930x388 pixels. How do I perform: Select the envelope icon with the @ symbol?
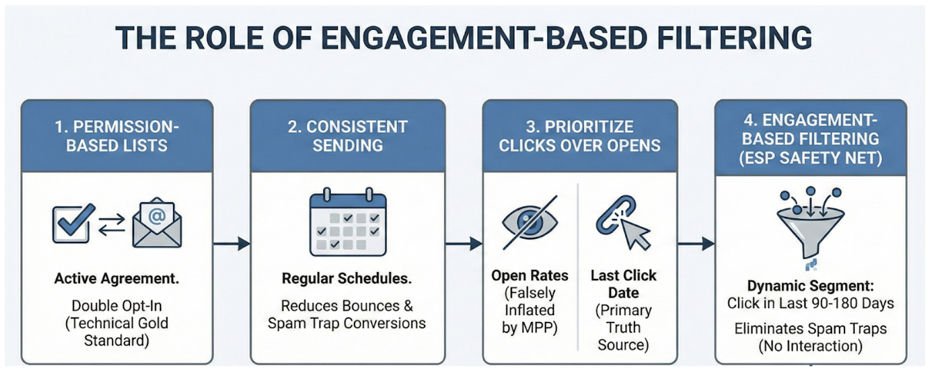pos(157,224)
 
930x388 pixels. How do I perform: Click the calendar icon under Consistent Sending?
pos(348,223)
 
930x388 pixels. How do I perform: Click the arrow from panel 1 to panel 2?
pos(231,243)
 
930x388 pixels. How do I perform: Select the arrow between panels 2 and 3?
pos(464,243)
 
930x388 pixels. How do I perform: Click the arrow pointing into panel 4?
pos(696,243)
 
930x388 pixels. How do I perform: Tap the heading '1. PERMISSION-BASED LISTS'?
pos(117,137)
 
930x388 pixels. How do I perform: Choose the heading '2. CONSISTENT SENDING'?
pos(348,137)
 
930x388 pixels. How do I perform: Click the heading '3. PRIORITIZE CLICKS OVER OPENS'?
pos(580,137)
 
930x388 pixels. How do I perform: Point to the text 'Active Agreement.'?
pos(117,280)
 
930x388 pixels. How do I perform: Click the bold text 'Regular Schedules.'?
pos(347,280)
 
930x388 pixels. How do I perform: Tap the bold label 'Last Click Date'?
pos(623,284)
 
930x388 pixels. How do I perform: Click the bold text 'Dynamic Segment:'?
pos(810,286)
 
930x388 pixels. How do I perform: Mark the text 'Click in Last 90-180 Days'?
pos(810,303)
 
